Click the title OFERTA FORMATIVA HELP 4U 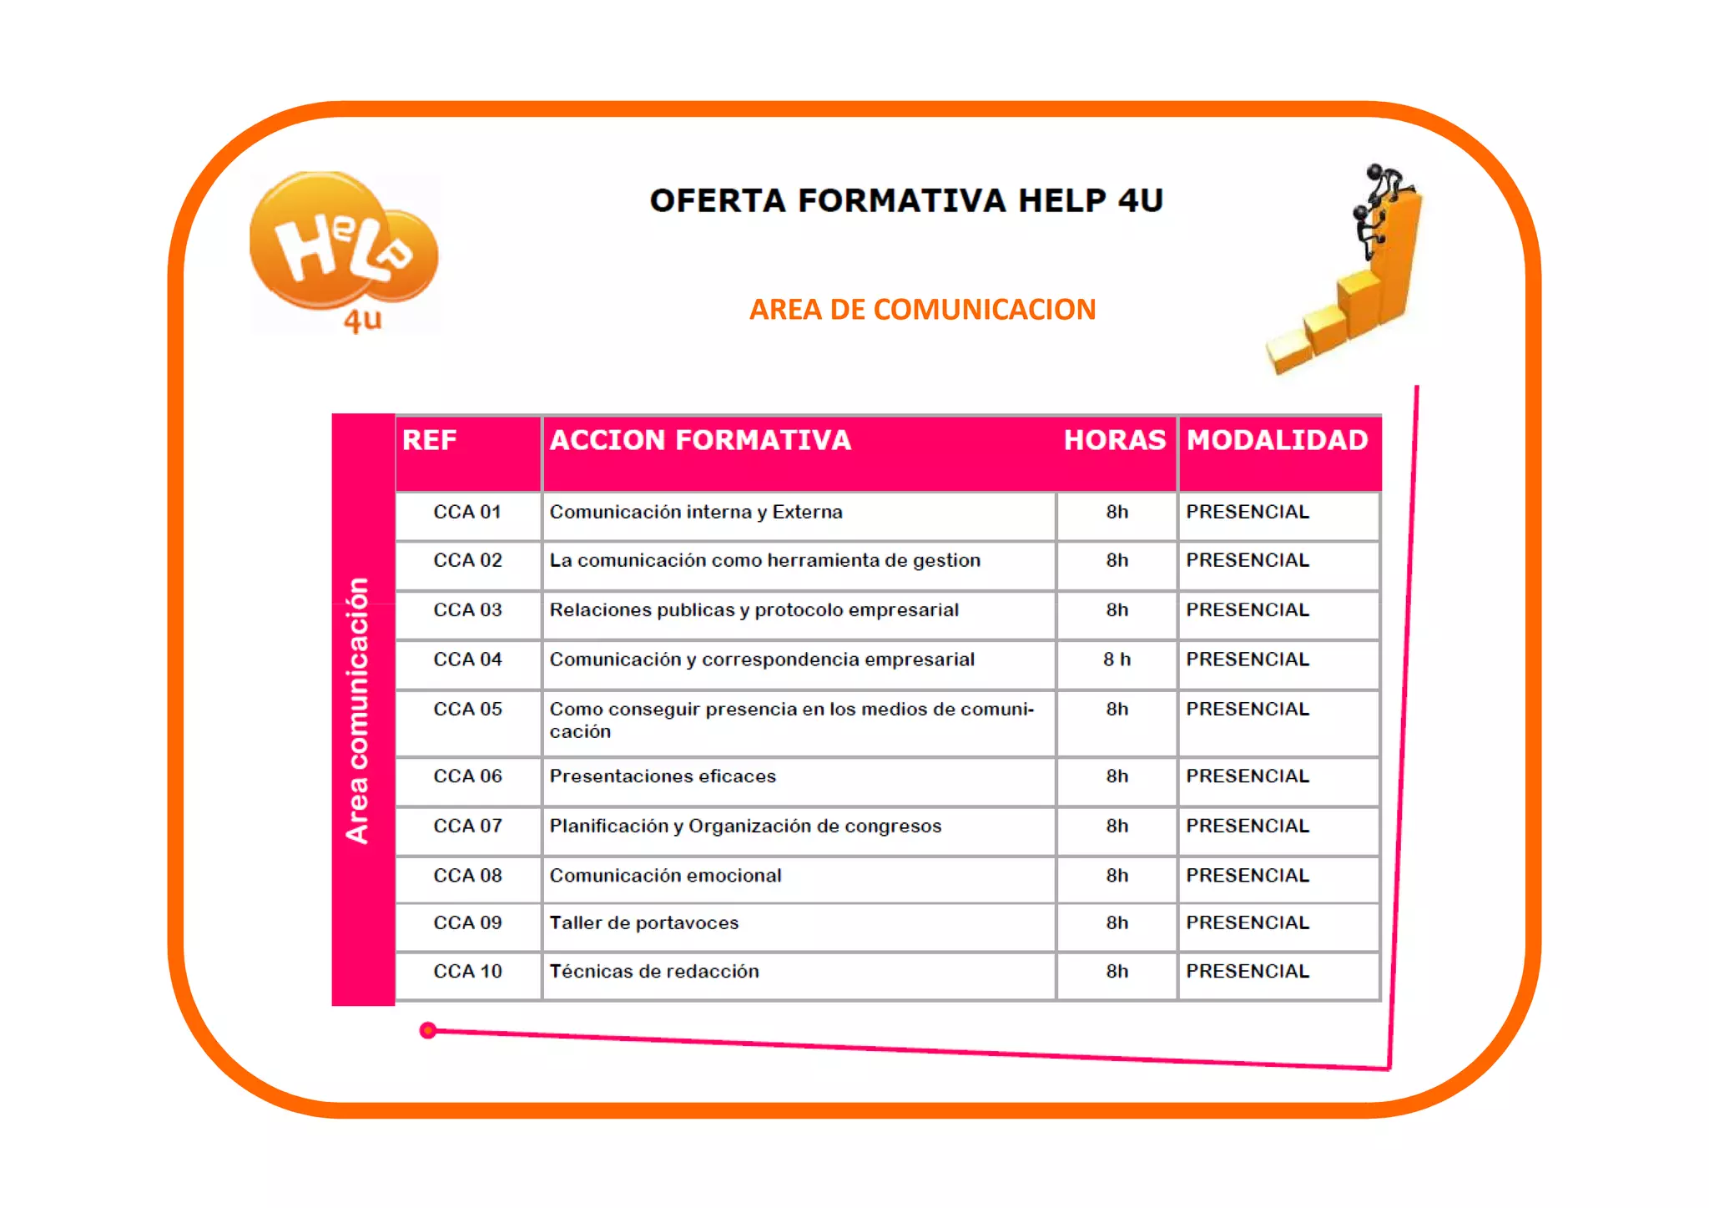906,201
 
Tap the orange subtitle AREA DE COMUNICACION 922,310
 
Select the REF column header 430,440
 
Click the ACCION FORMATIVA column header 700,440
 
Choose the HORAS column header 1114,440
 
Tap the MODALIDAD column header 1277,440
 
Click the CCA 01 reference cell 467,512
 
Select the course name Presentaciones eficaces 663,776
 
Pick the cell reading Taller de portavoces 644,922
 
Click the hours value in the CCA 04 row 1117,660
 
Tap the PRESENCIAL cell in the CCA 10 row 1248,971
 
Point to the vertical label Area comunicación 358,710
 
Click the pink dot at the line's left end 428,1030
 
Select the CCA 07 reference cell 467,826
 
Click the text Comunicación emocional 665,875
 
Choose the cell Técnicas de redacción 654,971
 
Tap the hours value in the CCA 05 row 1117,709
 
